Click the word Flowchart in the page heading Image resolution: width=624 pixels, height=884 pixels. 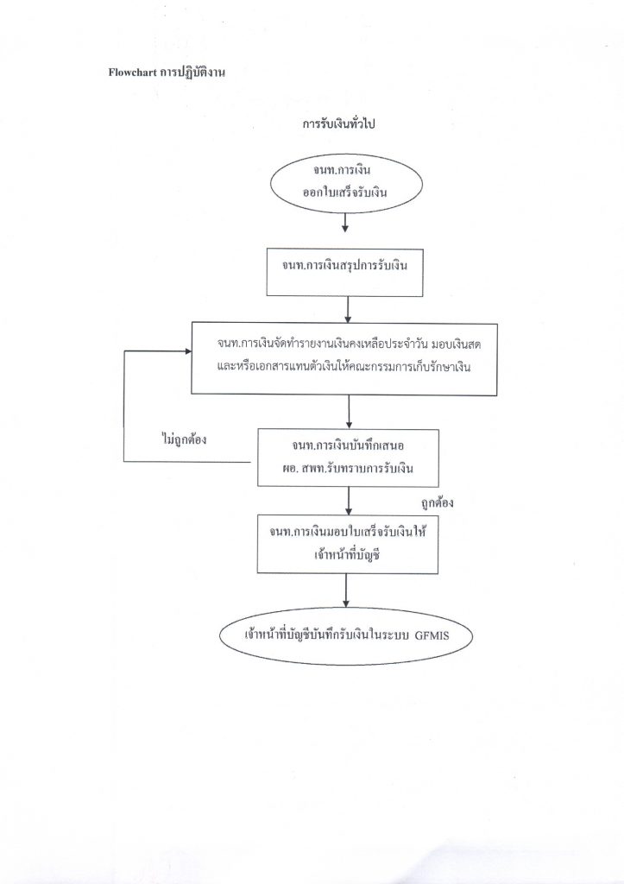coord(132,73)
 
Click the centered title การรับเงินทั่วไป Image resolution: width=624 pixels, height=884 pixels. coord(338,123)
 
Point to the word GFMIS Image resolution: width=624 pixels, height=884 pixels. coord(432,636)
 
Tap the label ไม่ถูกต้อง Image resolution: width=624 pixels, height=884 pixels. coord(183,439)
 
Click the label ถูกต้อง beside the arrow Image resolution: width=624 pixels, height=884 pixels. coord(437,503)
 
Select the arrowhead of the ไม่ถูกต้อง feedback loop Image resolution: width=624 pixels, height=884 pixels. coord(187,351)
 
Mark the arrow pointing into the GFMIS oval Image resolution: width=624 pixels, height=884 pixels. coord(345,590)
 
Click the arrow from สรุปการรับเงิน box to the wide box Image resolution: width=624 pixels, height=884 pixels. coord(349,310)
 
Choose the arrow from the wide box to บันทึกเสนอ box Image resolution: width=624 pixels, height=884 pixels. coord(349,412)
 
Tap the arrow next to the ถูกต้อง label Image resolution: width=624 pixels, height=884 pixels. coord(349,501)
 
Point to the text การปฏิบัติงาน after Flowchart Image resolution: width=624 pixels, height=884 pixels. coord(192,73)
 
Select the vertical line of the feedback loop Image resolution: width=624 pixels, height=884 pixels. coord(124,407)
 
